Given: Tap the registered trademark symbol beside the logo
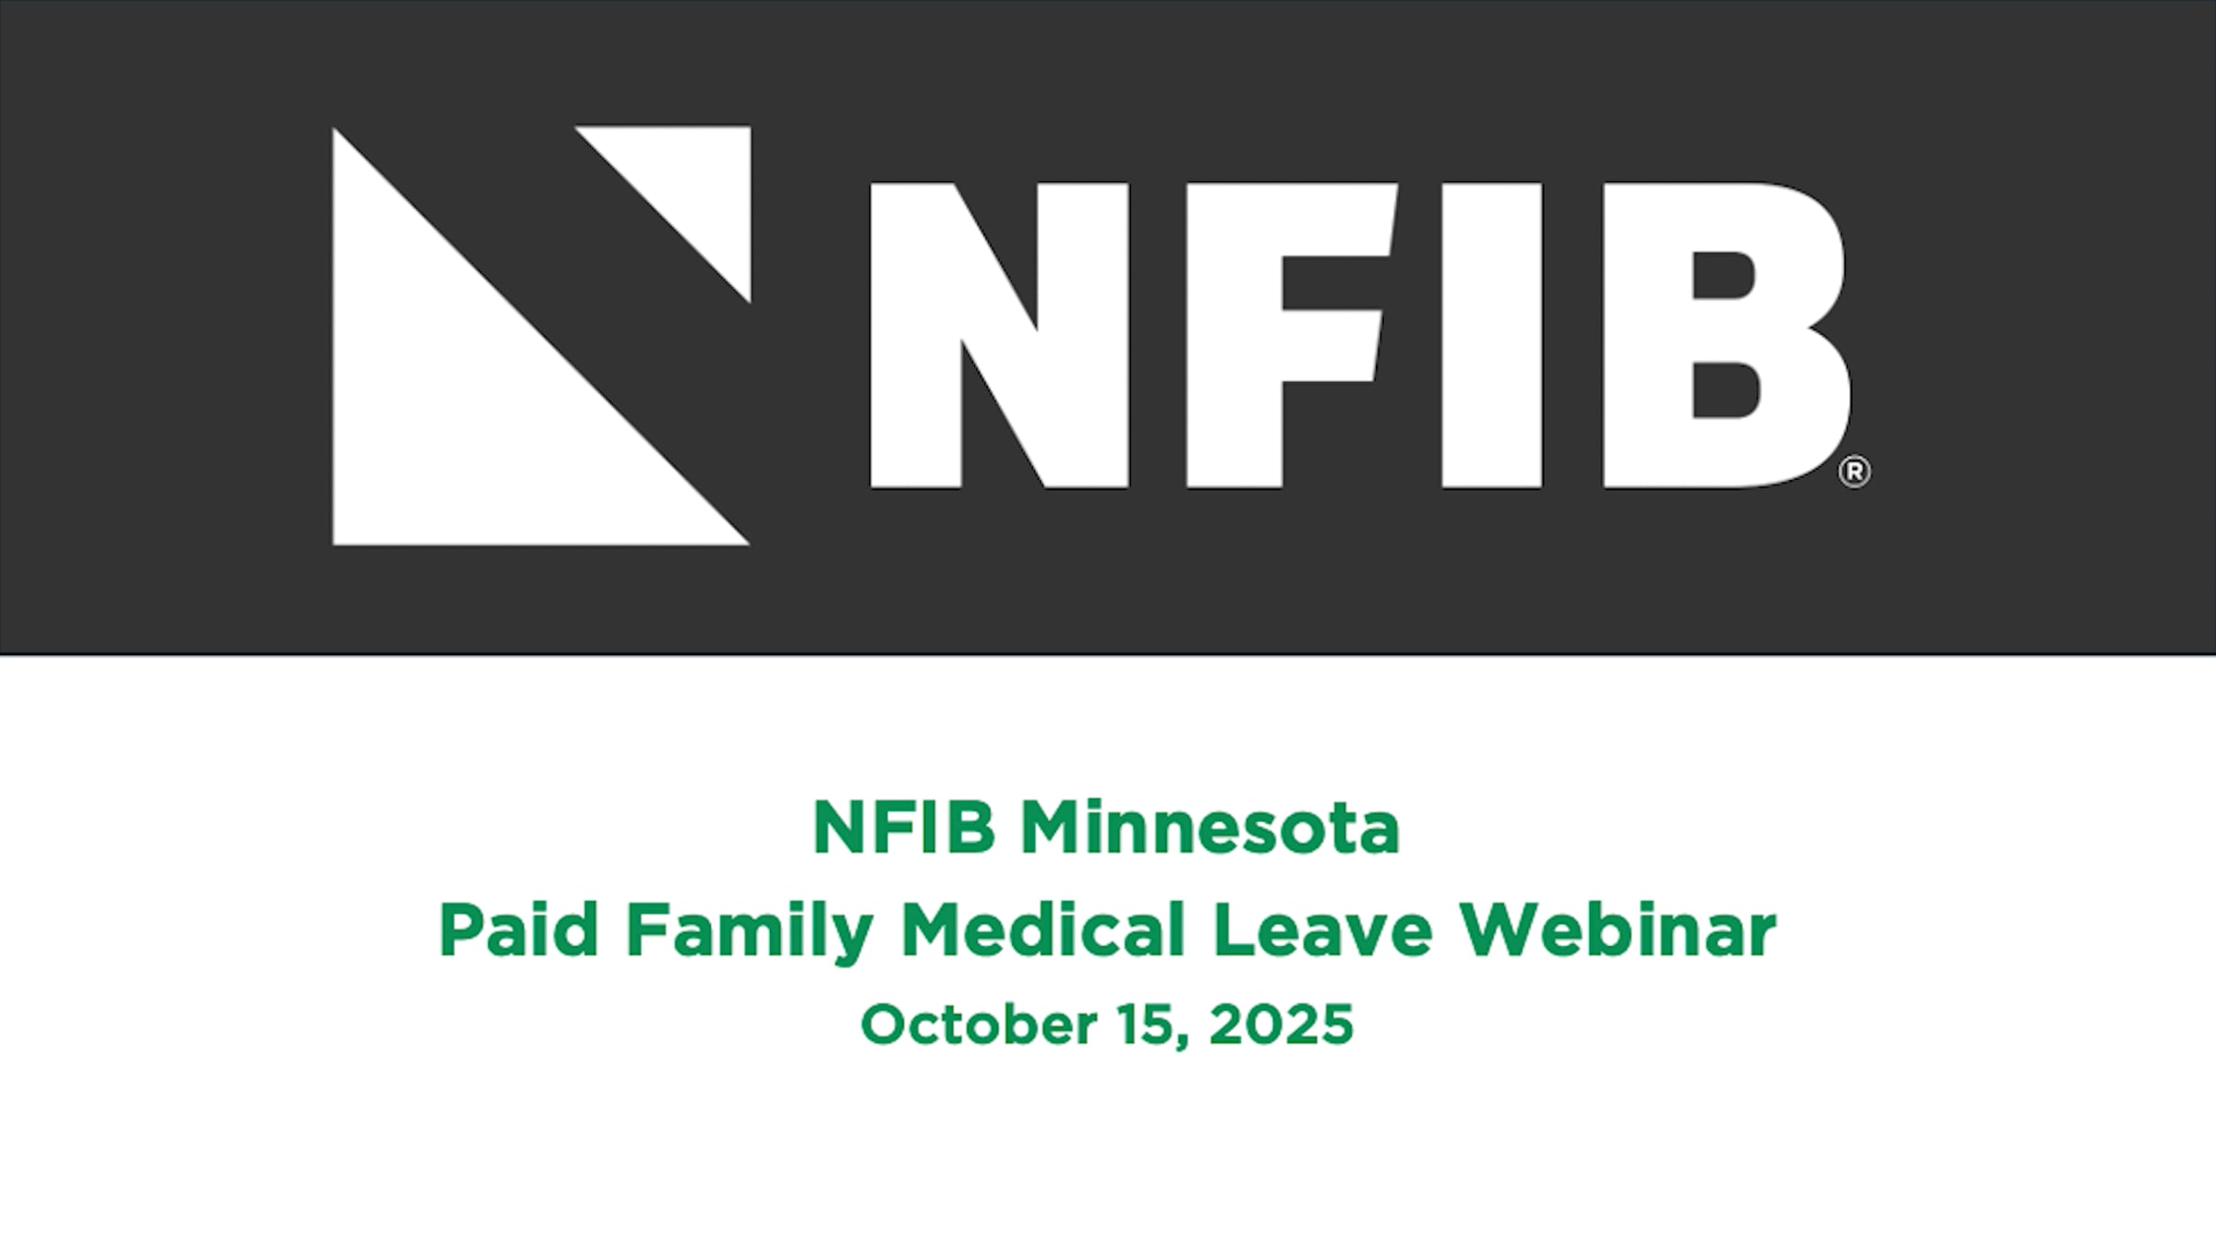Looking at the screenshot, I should tap(1854, 472).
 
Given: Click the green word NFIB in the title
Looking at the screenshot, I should tap(904, 828).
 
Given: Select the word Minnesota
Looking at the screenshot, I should tap(1210, 828).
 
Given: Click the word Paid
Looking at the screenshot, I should tap(518, 930).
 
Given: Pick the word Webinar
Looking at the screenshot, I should tap(1618, 930).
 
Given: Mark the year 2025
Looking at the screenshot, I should tap(1281, 1024).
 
